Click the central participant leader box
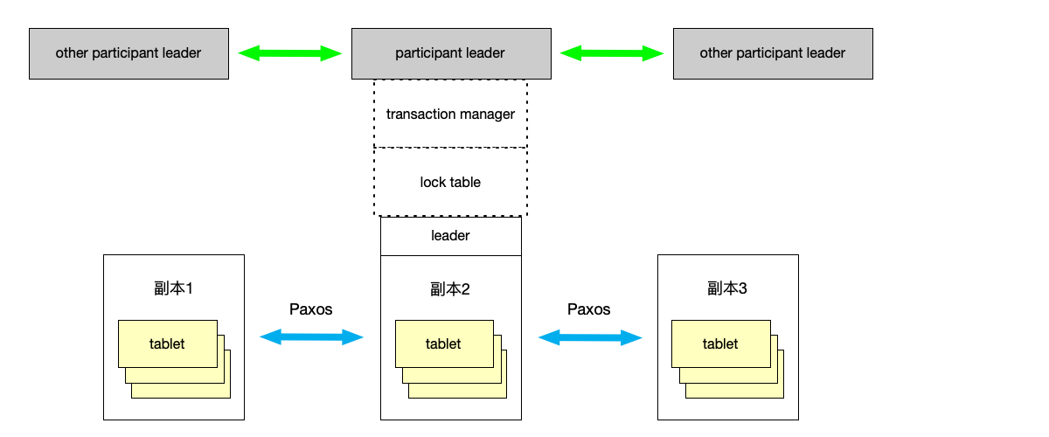click(x=450, y=53)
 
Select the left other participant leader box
click(x=129, y=53)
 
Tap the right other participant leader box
click(x=773, y=53)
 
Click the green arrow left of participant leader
click(x=289, y=53)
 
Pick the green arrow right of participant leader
click(x=612, y=53)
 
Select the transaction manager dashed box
click(x=450, y=114)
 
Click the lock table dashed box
click(x=450, y=182)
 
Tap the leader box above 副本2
click(x=450, y=236)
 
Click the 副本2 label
click(x=450, y=288)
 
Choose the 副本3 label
click(x=727, y=288)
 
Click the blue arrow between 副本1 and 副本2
click(x=312, y=336)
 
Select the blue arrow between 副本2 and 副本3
click(x=589, y=336)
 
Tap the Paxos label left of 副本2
click(x=311, y=309)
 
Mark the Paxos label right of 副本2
click(x=589, y=309)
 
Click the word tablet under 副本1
click(x=167, y=343)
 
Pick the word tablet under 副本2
click(x=443, y=343)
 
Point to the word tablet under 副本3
click(x=720, y=343)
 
